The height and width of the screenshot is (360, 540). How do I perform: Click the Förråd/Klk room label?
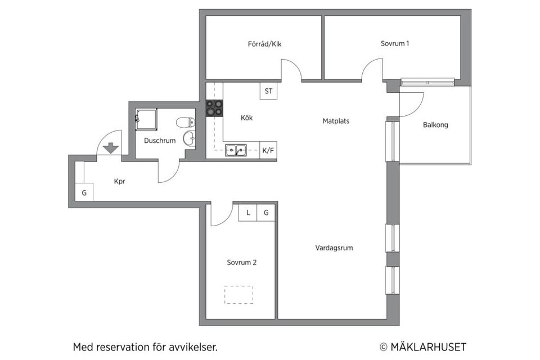pyautogui.click(x=264, y=44)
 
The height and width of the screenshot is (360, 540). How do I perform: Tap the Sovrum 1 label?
pyautogui.click(x=394, y=43)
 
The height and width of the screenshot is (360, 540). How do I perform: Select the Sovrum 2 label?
pyautogui.click(x=242, y=262)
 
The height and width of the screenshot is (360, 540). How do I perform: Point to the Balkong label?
pyautogui.click(x=435, y=125)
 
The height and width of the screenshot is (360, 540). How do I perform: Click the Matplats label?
pyautogui.click(x=336, y=120)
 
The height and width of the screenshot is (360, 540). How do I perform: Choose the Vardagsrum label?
pyautogui.click(x=334, y=247)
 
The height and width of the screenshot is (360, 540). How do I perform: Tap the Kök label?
pyautogui.click(x=246, y=118)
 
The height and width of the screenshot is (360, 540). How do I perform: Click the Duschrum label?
pyautogui.click(x=160, y=141)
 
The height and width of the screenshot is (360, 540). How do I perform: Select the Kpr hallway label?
pyautogui.click(x=120, y=182)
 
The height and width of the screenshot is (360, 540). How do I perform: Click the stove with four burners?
pyautogui.click(x=214, y=107)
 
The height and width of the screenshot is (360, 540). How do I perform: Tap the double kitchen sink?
pyautogui.click(x=236, y=150)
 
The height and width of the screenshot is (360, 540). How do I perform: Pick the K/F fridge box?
pyautogui.click(x=268, y=150)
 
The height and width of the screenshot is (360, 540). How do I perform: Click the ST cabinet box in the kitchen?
pyautogui.click(x=268, y=91)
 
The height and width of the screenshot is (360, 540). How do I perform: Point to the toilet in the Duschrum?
pyautogui.click(x=184, y=122)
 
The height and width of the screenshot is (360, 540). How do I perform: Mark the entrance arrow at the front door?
pyautogui.click(x=111, y=148)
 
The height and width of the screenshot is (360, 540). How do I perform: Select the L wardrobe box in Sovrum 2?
pyautogui.click(x=247, y=213)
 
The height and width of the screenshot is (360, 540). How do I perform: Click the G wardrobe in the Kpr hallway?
pyautogui.click(x=84, y=193)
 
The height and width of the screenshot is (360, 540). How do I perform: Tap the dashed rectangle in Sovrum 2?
pyautogui.click(x=238, y=295)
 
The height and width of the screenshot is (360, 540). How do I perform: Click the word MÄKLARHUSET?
pyautogui.click(x=428, y=347)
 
